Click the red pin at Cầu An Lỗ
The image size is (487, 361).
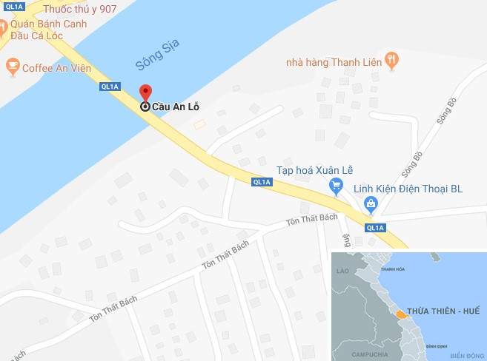point(146,93)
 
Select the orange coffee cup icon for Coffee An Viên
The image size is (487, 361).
point(12,67)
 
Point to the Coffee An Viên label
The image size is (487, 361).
point(56,68)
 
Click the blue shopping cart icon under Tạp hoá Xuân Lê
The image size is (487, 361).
point(337,184)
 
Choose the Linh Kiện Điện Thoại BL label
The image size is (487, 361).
point(408,189)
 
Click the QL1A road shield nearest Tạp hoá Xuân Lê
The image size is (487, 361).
point(261,182)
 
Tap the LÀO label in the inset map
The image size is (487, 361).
point(342,272)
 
